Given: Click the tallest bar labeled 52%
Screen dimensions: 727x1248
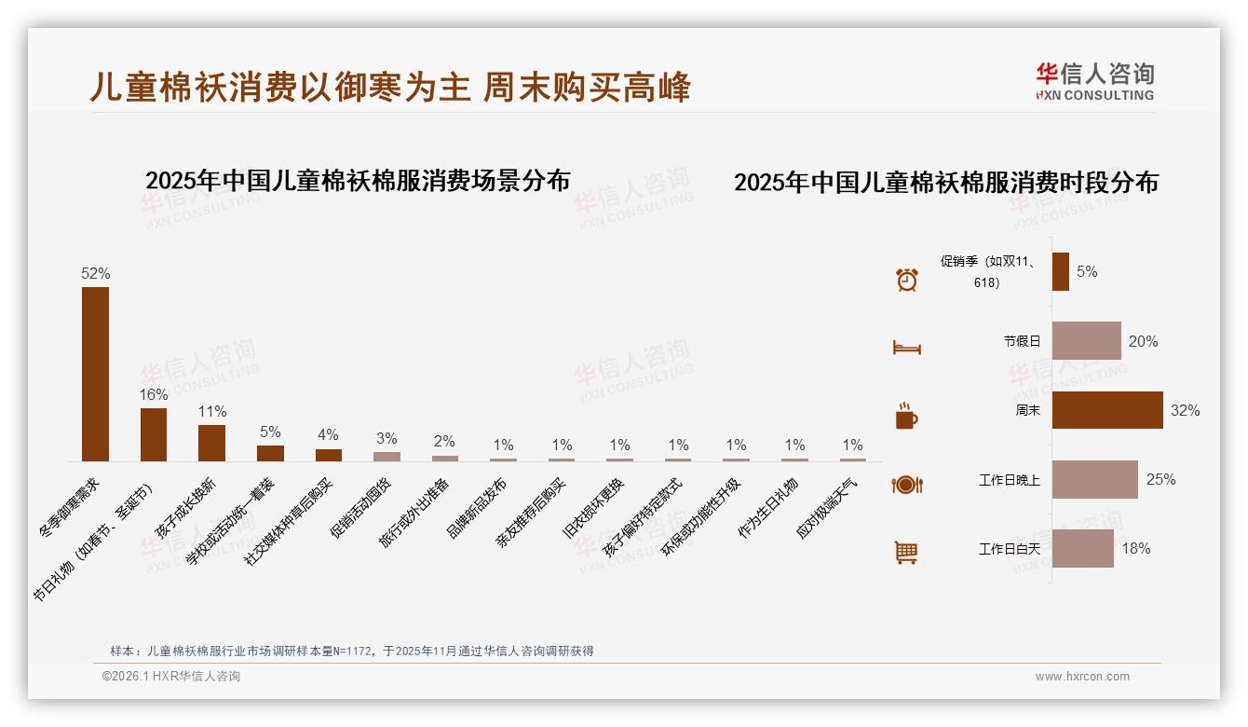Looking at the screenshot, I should pos(95,374).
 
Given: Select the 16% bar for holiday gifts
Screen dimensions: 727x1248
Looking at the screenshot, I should pos(154,434).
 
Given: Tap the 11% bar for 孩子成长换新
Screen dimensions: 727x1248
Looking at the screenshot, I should pos(211,443).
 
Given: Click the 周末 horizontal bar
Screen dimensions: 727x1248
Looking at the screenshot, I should pos(1107,410).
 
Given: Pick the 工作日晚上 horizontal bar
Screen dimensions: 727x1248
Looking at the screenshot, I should pos(1094,479).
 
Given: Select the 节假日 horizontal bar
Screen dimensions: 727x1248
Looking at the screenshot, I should pos(1086,341).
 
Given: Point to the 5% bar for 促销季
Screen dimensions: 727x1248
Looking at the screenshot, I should pos(1060,272).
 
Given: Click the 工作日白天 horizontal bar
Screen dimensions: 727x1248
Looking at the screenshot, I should pos(1082,548).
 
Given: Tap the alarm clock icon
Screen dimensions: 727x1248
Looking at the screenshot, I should pos(906,280).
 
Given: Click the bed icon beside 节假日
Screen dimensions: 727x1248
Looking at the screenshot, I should pos(906,348).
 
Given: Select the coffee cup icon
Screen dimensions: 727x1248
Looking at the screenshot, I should pos(906,416).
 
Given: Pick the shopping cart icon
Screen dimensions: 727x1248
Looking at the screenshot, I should pos(906,553).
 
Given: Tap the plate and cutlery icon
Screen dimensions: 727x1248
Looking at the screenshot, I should pos(906,485).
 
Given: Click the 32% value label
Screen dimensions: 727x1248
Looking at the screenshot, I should pos(1185,411).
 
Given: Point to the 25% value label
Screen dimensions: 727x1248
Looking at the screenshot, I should pos(1160,480).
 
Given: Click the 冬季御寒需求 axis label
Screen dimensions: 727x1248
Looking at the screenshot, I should pos(69,507).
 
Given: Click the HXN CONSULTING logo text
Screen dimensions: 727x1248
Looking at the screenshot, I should pos(1094,95).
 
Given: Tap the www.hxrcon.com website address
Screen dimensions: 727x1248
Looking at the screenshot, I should pos(1082,677).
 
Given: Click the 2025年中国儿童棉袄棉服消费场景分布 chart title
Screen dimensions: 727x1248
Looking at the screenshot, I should pos(358,180).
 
